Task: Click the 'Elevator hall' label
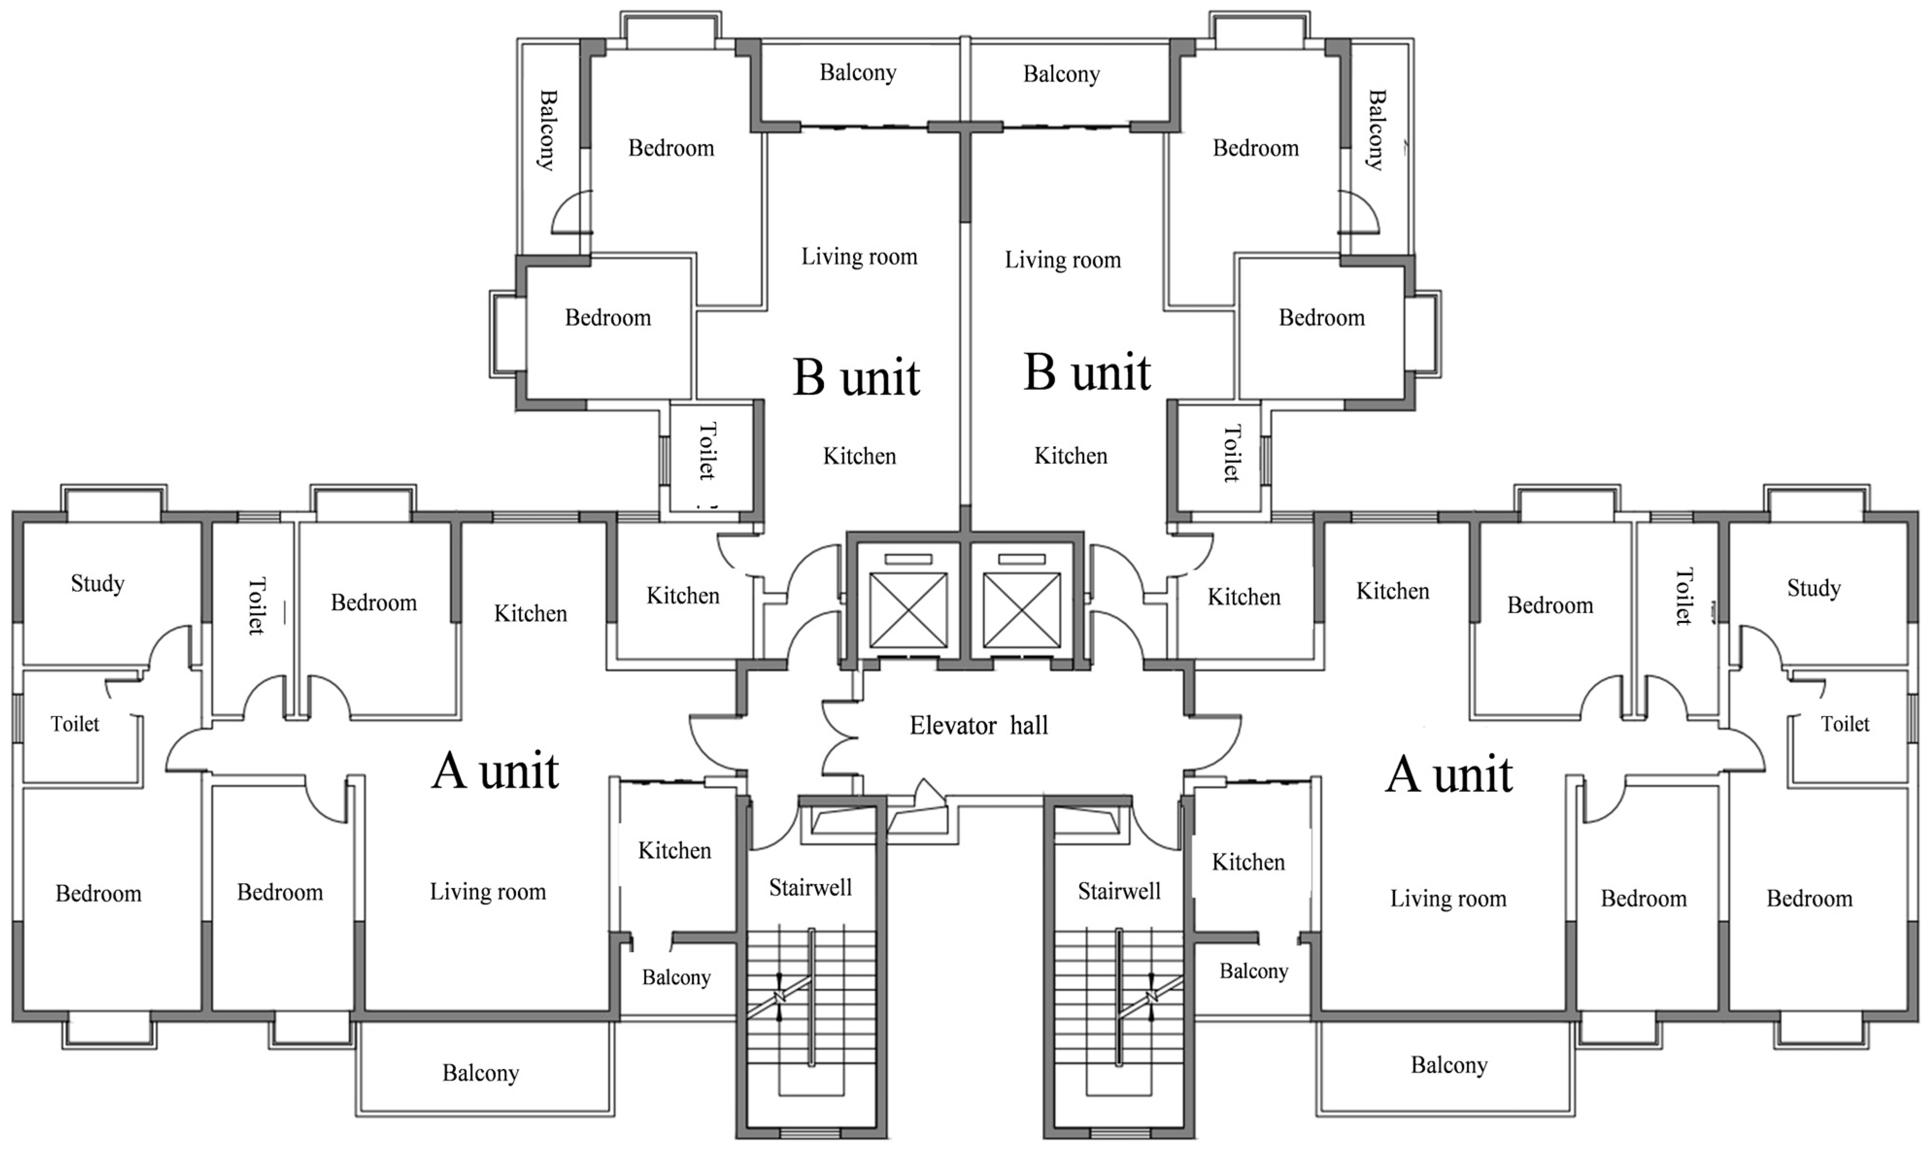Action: (978, 726)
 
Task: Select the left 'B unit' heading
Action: (856, 378)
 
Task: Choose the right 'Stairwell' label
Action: (1118, 891)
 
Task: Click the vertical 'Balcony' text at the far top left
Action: (548, 130)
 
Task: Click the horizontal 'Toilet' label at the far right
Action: (1845, 724)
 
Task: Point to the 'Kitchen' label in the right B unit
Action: (1070, 455)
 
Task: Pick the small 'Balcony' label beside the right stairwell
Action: (1253, 971)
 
